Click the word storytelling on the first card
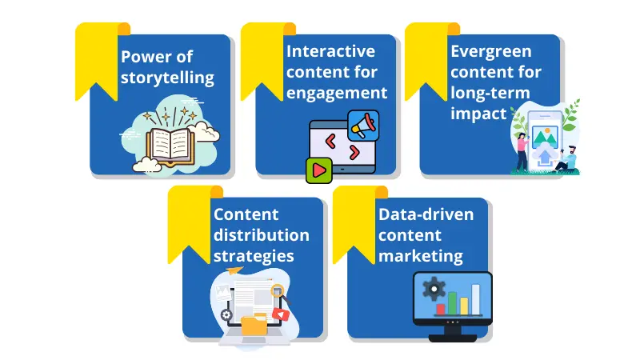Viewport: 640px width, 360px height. (167, 78)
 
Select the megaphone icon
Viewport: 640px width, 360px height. (363, 126)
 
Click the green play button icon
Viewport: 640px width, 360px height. (318, 170)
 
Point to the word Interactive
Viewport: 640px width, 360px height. (330, 51)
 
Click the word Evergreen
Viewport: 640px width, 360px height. (491, 51)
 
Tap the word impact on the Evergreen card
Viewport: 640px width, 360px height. (478, 114)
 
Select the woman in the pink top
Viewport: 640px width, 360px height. (522, 152)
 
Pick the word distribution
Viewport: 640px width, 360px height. (262, 235)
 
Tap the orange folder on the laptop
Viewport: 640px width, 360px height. (254, 325)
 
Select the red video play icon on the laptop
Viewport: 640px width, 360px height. (281, 314)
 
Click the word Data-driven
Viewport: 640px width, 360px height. (426, 214)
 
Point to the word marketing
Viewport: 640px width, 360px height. (421, 256)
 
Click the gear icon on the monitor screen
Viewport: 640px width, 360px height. (434, 289)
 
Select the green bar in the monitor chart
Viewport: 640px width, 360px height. (452, 303)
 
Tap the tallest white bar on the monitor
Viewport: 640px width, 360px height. (475, 299)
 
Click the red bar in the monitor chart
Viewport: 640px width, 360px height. (441, 310)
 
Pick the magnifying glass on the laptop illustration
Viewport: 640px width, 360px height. (279, 292)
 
